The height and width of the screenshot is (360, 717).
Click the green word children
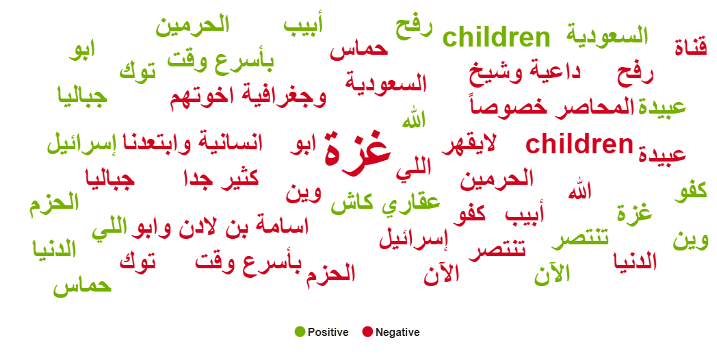pyautogui.click(x=497, y=37)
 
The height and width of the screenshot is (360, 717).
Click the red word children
pyautogui.click(x=579, y=144)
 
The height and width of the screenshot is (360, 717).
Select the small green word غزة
pyautogui.click(x=634, y=212)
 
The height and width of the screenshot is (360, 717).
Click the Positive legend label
pyautogui.click(x=328, y=332)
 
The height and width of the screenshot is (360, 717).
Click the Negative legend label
pyautogui.click(x=397, y=332)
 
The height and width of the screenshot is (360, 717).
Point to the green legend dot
pyautogui.click(x=300, y=332)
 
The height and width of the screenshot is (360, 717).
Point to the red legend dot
pyautogui.click(x=367, y=332)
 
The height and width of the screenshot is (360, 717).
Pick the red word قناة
pyautogui.click(x=690, y=47)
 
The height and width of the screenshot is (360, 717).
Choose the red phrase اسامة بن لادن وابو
pyautogui.click(x=220, y=227)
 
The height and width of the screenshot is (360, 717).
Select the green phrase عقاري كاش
pyautogui.click(x=385, y=202)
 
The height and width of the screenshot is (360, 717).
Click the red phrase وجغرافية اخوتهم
pyautogui.click(x=248, y=96)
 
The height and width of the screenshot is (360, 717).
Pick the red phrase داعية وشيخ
pyautogui.click(x=525, y=73)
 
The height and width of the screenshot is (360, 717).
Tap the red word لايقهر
pyautogui.click(x=469, y=146)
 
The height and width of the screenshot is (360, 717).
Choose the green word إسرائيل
pyautogui.click(x=82, y=143)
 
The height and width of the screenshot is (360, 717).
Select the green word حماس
pyautogui.click(x=82, y=285)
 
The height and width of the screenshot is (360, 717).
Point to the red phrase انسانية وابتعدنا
pyautogui.click(x=193, y=143)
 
